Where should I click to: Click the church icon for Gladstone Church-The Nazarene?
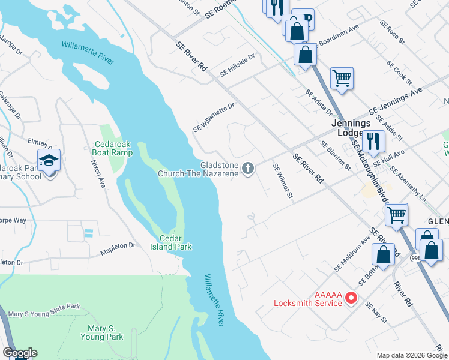click(x=248, y=170)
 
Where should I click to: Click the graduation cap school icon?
click(x=49, y=161)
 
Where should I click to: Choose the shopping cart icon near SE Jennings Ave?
click(x=342, y=77)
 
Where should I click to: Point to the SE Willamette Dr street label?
click(x=213, y=118)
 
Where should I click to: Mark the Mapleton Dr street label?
click(x=118, y=246)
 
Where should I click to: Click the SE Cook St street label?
click(x=399, y=72)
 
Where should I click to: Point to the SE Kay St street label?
click(x=377, y=314)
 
